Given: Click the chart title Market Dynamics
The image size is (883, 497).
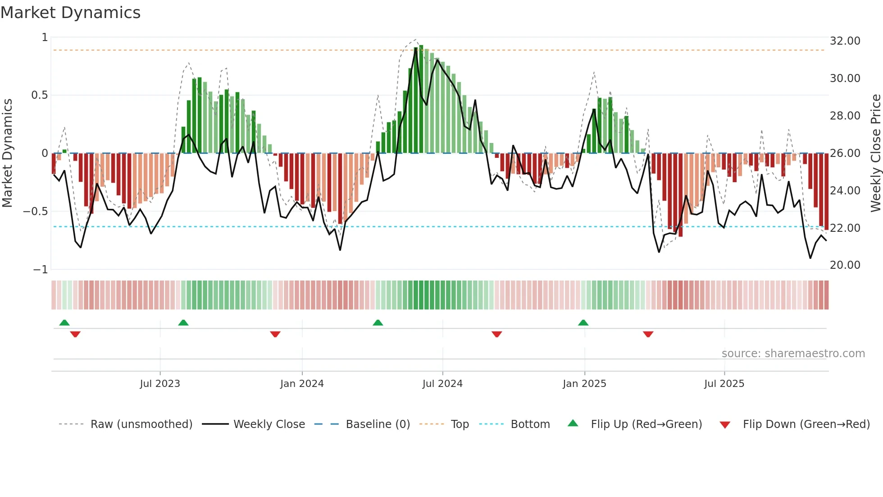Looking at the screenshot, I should (70, 13).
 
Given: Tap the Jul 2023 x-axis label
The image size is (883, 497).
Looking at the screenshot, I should (160, 384).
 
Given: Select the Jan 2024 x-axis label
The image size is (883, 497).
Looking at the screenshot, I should (302, 384).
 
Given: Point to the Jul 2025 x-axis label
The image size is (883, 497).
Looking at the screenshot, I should (724, 384).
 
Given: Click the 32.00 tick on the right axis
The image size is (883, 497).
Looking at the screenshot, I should (845, 41).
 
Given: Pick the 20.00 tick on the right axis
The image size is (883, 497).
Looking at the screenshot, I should (845, 265).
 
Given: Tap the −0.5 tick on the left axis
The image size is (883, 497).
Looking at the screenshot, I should (36, 212).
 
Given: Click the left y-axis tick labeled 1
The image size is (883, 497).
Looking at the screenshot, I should (45, 37).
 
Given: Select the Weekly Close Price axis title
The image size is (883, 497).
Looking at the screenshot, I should (875, 153).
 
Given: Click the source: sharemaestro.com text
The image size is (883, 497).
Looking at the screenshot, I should (793, 354).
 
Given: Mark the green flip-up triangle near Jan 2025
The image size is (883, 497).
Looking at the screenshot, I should (583, 322).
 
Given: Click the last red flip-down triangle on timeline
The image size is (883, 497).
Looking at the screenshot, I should (648, 334).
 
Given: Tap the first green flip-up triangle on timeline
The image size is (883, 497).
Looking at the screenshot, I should (64, 322).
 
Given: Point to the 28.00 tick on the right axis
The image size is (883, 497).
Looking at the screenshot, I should (845, 116).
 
